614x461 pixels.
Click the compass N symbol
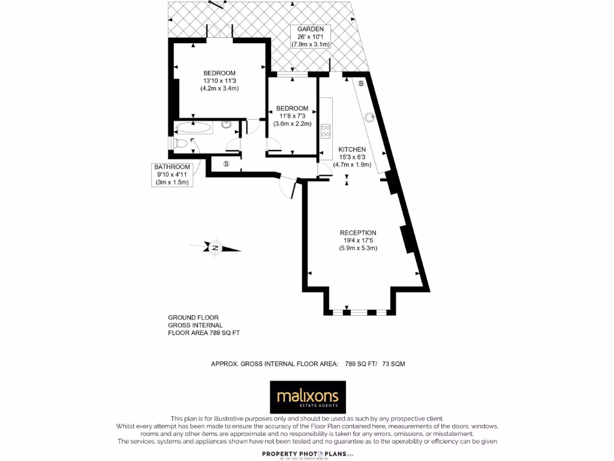pyautogui.click(x=215, y=248)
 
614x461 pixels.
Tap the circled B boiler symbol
pyautogui.click(x=361, y=83)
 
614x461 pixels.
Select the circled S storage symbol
pyautogui.click(x=227, y=163)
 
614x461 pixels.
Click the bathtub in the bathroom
pyautogui.click(x=192, y=127)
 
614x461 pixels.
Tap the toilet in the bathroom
pyautogui.click(x=180, y=144)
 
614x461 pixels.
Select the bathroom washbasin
pyautogui.click(x=227, y=125)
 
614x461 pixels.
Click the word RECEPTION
pyautogui.click(x=358, y=233)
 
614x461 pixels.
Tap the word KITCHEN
pyautogui.click(x=352, y=149)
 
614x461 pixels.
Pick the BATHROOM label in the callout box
pyautogui.click(x=172, y=167)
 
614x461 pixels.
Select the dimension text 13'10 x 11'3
pyautogui.click(x=219, y=80)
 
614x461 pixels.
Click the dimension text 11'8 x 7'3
pyautogui.click(x=292, y=116)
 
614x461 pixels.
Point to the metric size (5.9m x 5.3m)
pyautogui.click(x=358, y=248)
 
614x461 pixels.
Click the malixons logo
pyautogui.click(x=308, y=397)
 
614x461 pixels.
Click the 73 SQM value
pyautogui.click(x=393, y=364)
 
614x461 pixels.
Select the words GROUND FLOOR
pyautogui.click(x=193, y=318)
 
